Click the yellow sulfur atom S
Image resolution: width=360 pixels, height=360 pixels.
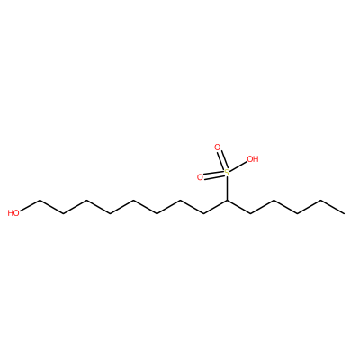(x=227, y=173)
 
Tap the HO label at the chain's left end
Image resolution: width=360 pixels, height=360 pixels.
(x=13, y=213)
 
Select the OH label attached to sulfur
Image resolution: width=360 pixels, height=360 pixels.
(x=253, y=159)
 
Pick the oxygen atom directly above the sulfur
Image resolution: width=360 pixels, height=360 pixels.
(x=217, y=148)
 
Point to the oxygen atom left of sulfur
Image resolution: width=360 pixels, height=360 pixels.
(x=200, y=177)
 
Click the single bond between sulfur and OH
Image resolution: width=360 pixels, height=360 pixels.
(x=238, y=166)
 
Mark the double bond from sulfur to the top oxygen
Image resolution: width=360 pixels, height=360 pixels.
(x=222, y=160)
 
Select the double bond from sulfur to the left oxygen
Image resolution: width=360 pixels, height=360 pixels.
(x=213, y=175)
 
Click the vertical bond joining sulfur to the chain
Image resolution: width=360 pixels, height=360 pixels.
(x=227, y=188)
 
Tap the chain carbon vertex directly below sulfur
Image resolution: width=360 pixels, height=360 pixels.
(x=227, y=200)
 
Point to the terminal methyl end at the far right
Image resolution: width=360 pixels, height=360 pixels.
(x=344, y=213)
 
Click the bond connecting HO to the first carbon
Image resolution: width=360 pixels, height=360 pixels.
(x=30, y=205)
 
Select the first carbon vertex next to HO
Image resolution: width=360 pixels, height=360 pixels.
(x=40, y=200)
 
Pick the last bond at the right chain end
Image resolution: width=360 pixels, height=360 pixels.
(x=332, y=207)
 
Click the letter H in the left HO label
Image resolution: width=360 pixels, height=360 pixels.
(x=10, y=213)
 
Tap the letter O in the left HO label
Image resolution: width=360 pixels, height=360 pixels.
(x=16, y=213)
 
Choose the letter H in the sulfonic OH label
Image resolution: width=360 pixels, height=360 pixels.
(x=256, y=159)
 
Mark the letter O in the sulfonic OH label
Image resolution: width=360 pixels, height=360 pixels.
(x=250, y=159)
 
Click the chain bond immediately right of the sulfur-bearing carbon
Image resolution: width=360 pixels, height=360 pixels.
(x=238, y=207)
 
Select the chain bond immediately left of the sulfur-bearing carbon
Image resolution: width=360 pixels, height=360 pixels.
(x=215, y=207)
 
